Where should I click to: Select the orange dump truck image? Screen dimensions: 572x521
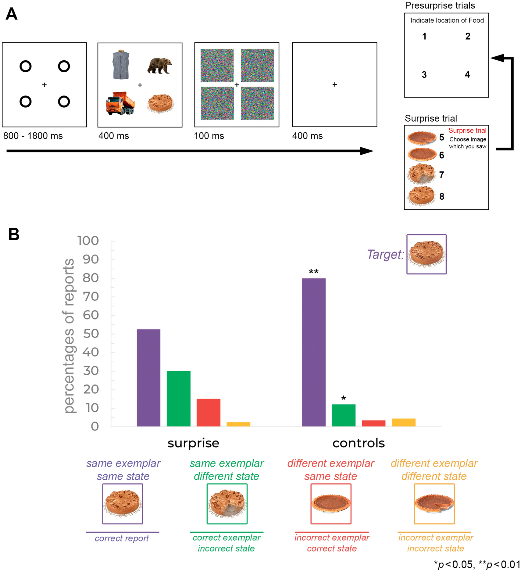(x=120, y=103)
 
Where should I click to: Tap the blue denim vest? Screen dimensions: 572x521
(x=121, y=65)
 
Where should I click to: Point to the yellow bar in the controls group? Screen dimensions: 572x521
(x=403, y=422)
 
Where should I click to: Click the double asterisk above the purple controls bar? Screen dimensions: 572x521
(x=313, y=271)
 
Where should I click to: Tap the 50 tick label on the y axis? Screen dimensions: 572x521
(x=91, y=334)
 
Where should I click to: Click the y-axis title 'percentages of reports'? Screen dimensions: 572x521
(x=69, y=335)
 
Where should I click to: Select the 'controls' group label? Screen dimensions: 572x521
(x=359, y=443)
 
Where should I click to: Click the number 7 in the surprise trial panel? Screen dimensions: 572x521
(x=441, y=175)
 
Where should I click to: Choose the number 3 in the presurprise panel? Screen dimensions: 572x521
(x=424, y=75)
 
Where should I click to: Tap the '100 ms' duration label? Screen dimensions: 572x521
(x=209, y=136)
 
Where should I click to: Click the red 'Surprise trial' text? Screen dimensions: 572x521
(x=467, y=130)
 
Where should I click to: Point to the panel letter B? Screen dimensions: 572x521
(x=14, y=234)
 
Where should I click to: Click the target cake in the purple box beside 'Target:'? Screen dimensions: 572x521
(x=426, y=254)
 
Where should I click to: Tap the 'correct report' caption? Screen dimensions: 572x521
(x=122, y=538)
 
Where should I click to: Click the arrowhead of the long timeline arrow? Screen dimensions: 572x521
(x=366, y=151)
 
